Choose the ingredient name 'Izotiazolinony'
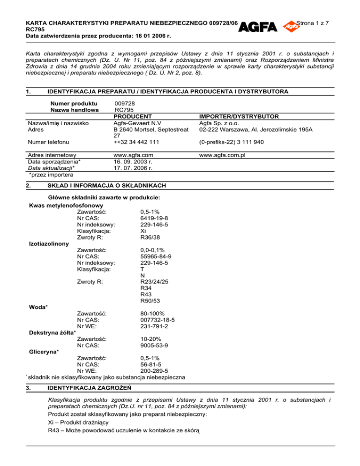pyautogui.click(x=49, y=244)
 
